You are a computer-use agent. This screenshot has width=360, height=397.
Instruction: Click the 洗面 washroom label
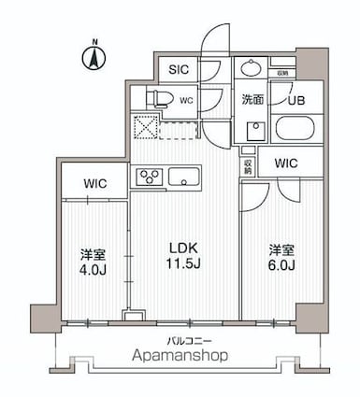click(x=251, y=99)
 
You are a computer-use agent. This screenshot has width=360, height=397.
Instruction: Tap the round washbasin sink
click(x=251, y=68)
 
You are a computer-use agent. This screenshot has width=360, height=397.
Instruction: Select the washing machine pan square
click(x=253, y=128)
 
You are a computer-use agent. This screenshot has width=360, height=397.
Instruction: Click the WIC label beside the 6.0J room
click(x=285, y=163)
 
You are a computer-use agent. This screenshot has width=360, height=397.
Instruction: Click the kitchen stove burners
click(x=150, y=176)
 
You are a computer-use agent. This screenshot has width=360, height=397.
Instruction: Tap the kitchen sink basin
click(x=183, y=176)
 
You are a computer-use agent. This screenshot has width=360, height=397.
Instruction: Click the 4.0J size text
click(x=92, y=271)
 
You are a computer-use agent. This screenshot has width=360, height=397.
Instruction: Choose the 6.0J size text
click(x=282, y=265)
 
